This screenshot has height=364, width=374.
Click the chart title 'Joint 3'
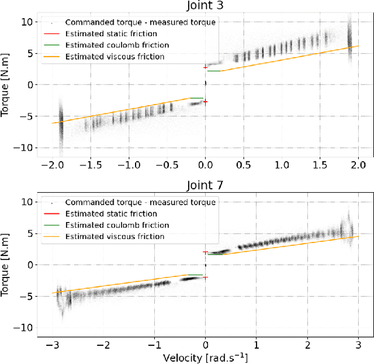pos(205,6)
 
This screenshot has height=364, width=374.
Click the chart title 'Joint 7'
pos(205,186)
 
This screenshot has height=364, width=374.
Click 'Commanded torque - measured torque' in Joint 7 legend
pos(140,202)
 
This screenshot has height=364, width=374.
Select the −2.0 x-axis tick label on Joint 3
pos(51,165)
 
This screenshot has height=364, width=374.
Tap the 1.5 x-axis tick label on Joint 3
pos(320,165)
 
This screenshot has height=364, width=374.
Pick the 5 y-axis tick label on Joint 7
pos(26,233)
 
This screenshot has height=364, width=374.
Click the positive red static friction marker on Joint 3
pos(205,68)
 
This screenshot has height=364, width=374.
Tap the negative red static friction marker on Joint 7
pos(205,278)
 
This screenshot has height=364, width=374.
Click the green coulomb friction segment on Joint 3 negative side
pos(197,98)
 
